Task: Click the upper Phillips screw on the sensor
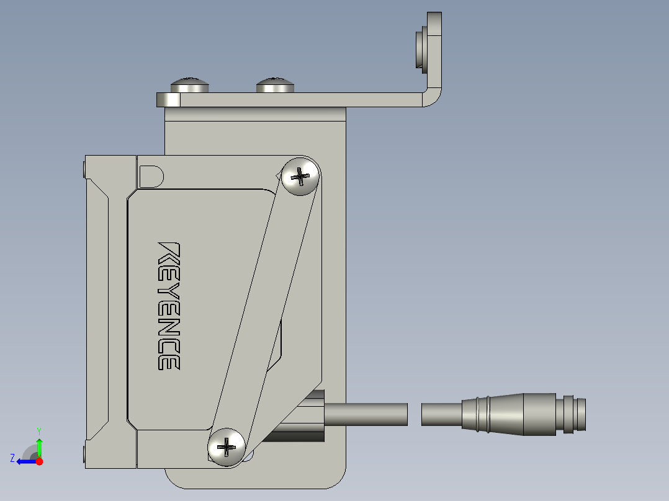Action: point(300,177)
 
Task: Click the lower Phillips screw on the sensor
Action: point(227,446)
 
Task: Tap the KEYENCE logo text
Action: point(168,306)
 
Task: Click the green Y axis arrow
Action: point(39,445)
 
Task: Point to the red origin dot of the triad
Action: point(39,461)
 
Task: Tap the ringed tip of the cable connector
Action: point(574,414)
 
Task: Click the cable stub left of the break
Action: point(366,414)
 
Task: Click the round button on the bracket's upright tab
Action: point(420,48)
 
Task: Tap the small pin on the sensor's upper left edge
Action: point(83,169)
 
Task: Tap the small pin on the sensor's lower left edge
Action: point(83,454)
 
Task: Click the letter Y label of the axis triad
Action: point(38,430)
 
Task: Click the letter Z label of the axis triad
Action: point(12,458)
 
